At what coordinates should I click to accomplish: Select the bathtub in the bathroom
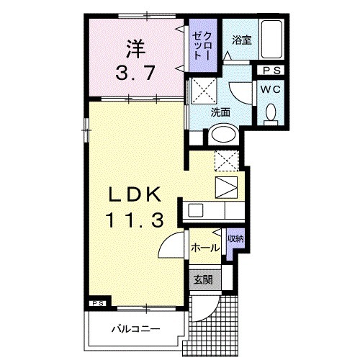point(271,40)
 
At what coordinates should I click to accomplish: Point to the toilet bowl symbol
point(271,114)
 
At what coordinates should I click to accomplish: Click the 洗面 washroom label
point(220,112)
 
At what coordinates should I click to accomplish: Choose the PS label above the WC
point(271,71)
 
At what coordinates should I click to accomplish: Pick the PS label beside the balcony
point(98,304)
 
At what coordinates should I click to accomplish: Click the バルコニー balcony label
point(135,330)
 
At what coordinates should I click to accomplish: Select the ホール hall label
point(204,248)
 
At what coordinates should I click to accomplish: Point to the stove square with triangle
point(225,187)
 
